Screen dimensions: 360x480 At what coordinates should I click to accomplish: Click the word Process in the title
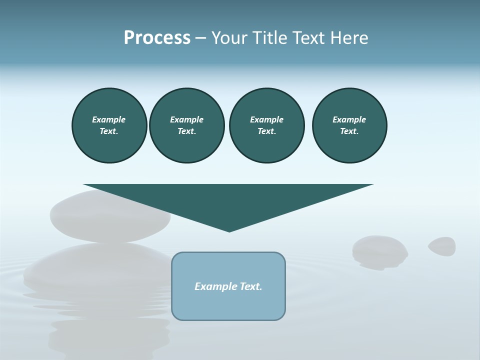[157, 38]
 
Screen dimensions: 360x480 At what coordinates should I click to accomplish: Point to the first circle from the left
[109, 125]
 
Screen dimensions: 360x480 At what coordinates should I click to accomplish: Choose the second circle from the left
[186, 125]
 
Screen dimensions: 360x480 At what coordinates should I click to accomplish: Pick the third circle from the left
[266, 125]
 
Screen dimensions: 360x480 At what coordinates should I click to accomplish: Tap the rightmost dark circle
[349, 125]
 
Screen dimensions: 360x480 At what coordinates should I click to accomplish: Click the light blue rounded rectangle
[228, 305]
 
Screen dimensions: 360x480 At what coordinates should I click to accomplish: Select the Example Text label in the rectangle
[228, 286]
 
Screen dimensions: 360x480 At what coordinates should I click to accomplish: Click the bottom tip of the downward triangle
[229, 230]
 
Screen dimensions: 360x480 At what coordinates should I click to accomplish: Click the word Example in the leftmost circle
[109, 119]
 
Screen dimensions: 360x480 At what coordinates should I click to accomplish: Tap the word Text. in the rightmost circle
[349, 131]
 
